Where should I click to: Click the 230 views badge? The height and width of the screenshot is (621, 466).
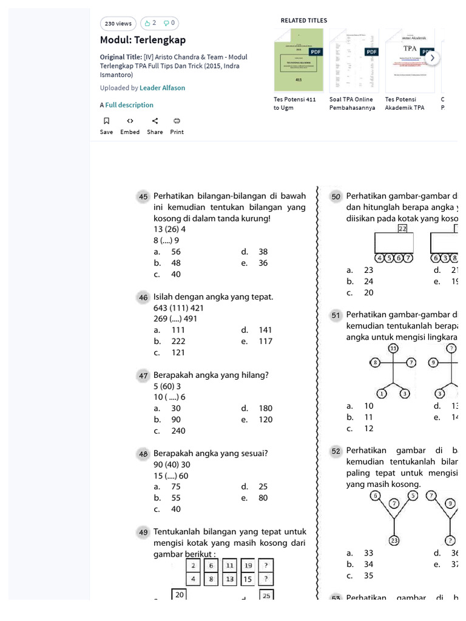point(118,24)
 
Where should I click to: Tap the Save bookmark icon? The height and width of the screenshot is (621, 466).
point(106,121)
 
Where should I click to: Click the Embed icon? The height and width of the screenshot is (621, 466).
point(130,121)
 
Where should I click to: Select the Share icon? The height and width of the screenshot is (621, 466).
point(155,121)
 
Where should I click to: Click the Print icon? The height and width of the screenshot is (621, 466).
point(177,121)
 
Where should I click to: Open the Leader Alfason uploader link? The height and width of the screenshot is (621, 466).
point(162,88)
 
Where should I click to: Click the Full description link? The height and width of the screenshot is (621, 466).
point(129,105)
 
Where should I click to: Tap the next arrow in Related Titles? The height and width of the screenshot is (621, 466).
point(432,58)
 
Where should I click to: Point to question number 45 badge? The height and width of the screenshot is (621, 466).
point(143,196)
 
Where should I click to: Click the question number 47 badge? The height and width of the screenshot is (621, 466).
point(143,375)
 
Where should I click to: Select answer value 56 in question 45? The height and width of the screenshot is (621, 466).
point(176,252)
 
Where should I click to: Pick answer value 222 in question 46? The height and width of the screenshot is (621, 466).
point(178,341)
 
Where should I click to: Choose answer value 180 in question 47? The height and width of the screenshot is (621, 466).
point(265,409)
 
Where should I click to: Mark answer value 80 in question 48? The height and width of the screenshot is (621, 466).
point(263,498)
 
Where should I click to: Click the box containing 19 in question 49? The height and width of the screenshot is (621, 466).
point(248,565)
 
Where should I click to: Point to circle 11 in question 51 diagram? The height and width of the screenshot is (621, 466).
point(394,348)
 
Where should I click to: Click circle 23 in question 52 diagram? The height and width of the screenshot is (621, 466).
point(394,541)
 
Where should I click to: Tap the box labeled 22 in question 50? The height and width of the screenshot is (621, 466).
point(402,229)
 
